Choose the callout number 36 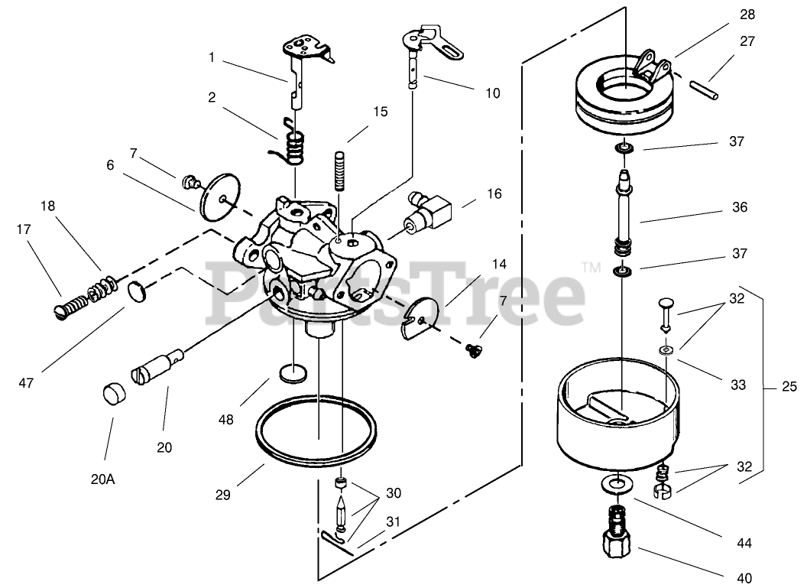(738, 207)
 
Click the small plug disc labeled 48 (293, 374)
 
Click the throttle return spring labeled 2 (293, 146)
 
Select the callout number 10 (492, 93)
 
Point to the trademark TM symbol (590, 268)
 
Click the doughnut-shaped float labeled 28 (624, 96)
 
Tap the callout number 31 (393, 521)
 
